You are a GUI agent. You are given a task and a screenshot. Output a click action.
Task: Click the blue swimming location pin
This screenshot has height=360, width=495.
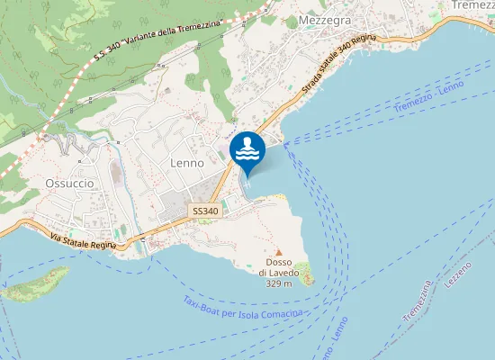(247, 151)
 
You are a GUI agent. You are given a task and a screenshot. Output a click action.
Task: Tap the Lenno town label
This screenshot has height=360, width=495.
(187, 164)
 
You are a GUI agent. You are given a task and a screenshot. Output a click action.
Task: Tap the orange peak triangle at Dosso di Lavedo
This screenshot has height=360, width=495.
(278, 252)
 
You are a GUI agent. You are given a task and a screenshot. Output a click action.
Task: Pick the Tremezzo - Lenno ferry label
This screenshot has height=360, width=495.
(428, 96)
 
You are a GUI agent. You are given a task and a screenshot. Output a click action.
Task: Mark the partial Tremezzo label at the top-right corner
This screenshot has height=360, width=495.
(473, 5)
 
